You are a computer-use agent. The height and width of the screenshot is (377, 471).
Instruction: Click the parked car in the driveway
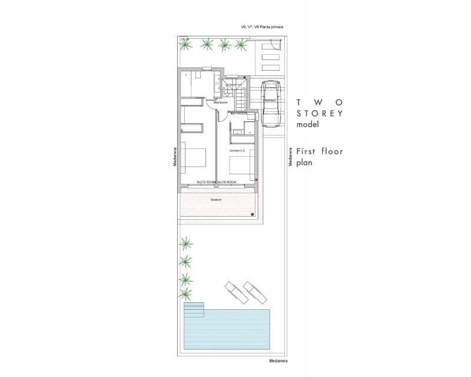(271, 104)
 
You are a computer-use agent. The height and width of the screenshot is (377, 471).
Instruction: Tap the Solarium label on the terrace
(216, 200)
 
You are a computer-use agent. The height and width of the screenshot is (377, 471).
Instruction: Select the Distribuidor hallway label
(220, 102)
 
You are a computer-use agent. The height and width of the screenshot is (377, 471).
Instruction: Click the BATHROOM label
(238, 112)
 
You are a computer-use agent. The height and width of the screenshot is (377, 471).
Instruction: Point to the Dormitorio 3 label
(237, 151)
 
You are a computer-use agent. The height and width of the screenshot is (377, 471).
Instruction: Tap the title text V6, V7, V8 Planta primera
(262, 27)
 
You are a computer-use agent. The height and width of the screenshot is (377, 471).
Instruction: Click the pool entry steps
(194, 310)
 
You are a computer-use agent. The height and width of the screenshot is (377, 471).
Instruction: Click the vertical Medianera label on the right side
(290, 156)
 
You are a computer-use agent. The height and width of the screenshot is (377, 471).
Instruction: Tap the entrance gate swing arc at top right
(271, 49)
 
